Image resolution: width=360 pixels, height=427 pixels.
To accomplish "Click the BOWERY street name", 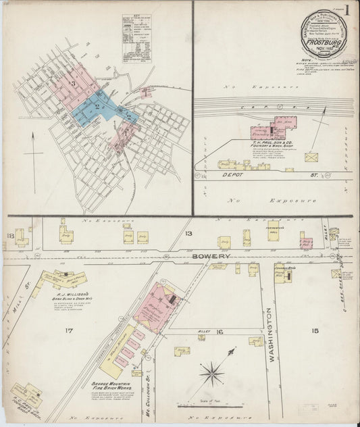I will [x=215, y=257].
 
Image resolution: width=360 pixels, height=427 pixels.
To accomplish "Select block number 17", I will [x=68, y=330].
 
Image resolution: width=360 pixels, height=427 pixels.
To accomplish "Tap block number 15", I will [x=314, y=330].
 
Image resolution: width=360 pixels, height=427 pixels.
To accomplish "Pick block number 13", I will [x=188, y=234].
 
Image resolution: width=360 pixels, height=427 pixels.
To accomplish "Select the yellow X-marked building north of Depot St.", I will [x=311, y=157].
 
